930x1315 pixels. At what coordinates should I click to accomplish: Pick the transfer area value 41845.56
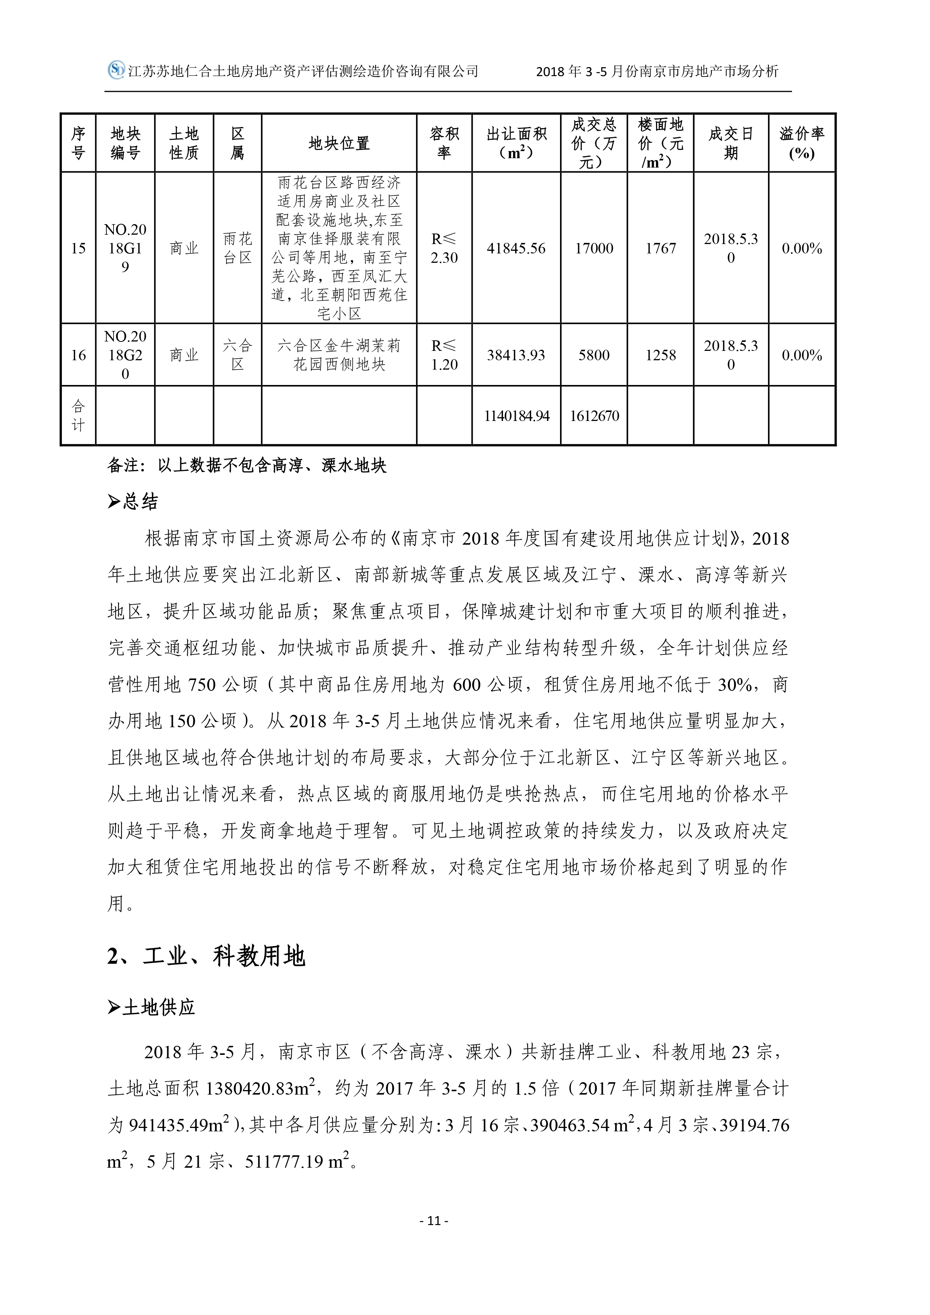(516, 248)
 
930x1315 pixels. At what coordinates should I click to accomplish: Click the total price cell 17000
(594, 248)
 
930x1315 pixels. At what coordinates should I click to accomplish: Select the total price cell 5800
(594, 355)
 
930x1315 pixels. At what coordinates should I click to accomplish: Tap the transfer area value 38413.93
(516, 355)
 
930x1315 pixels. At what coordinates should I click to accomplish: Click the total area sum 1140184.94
(516, 416)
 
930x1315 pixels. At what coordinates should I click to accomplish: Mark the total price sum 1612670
(594, 416)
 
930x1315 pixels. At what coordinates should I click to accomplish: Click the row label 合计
(78, 416)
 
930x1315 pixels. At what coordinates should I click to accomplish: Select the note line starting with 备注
(246, 466)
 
